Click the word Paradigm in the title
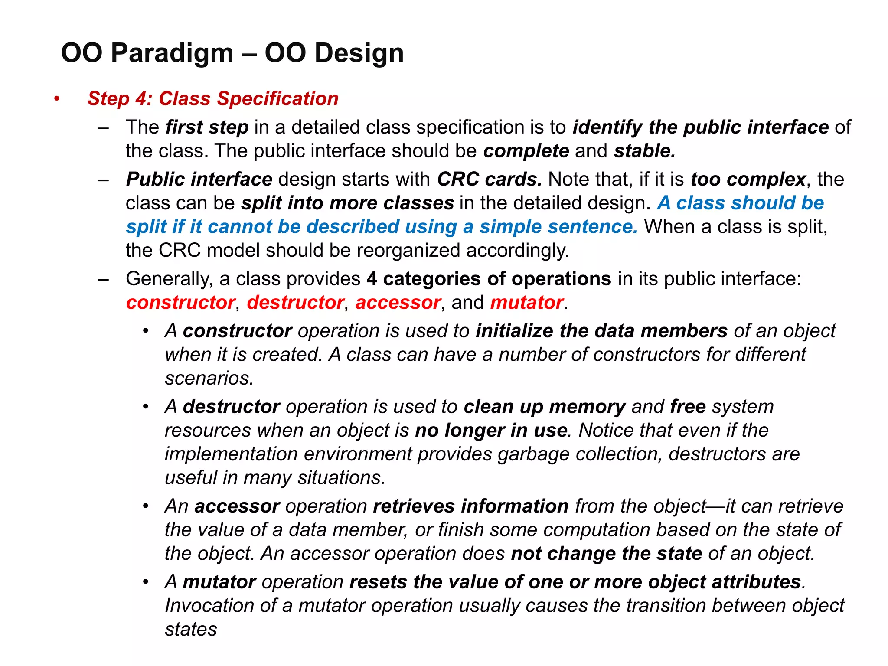point(172,53)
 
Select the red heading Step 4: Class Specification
point(212,98)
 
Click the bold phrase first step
point(207,127)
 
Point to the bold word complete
point(526,151)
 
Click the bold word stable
point(644,151)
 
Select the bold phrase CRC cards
point(489,179)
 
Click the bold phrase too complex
point(748,179)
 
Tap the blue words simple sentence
point(558,227)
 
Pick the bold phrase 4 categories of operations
point(489,278)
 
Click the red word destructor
point(295,302)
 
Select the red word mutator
point(526,302)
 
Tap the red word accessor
point(398,302)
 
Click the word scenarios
point(209,378)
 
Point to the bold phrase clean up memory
point(544,407)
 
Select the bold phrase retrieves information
point(470,506)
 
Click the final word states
point(191,629)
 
